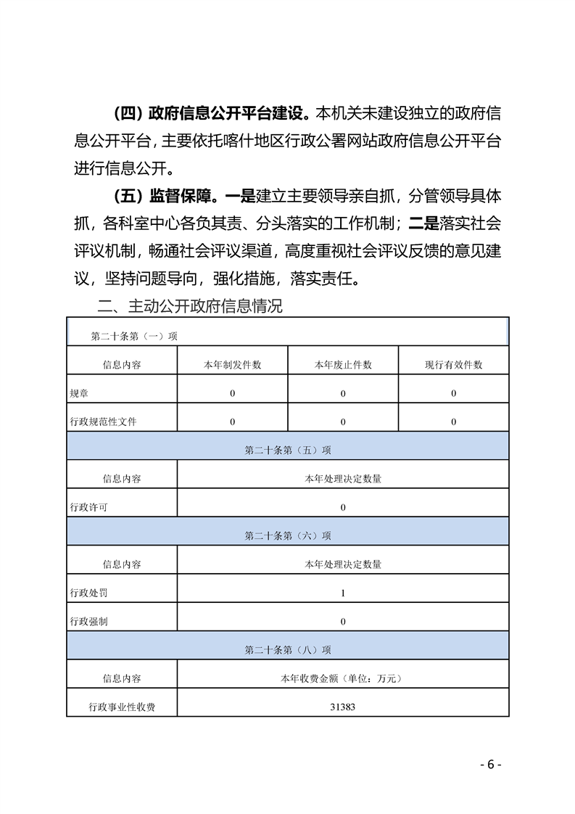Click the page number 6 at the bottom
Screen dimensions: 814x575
click(x=491, y=765)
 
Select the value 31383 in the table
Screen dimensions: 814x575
click(x=343, y=707)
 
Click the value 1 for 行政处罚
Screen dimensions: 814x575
click(x=343, y=593)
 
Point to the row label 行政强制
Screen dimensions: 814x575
click(x=88, y=622)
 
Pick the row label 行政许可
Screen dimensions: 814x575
click(x=88, y=507)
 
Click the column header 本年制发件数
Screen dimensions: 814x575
click(x=232, y=365)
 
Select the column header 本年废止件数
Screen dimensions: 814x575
click(x=343, y=365)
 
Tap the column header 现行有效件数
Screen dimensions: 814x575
click(x=453, y=365)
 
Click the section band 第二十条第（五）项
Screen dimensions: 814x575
click(x=288, y=450)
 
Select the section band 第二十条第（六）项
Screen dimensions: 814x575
click(x=288, y=535)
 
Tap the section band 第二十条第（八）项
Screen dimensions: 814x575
click(x=288, y=650)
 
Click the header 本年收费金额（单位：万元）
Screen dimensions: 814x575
click(x=343, y=678)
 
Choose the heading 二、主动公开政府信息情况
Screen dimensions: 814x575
click(x=190, y=307)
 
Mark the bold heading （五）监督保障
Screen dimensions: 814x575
click(x=167, y=196)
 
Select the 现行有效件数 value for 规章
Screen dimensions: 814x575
click(x=453, y=393)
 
